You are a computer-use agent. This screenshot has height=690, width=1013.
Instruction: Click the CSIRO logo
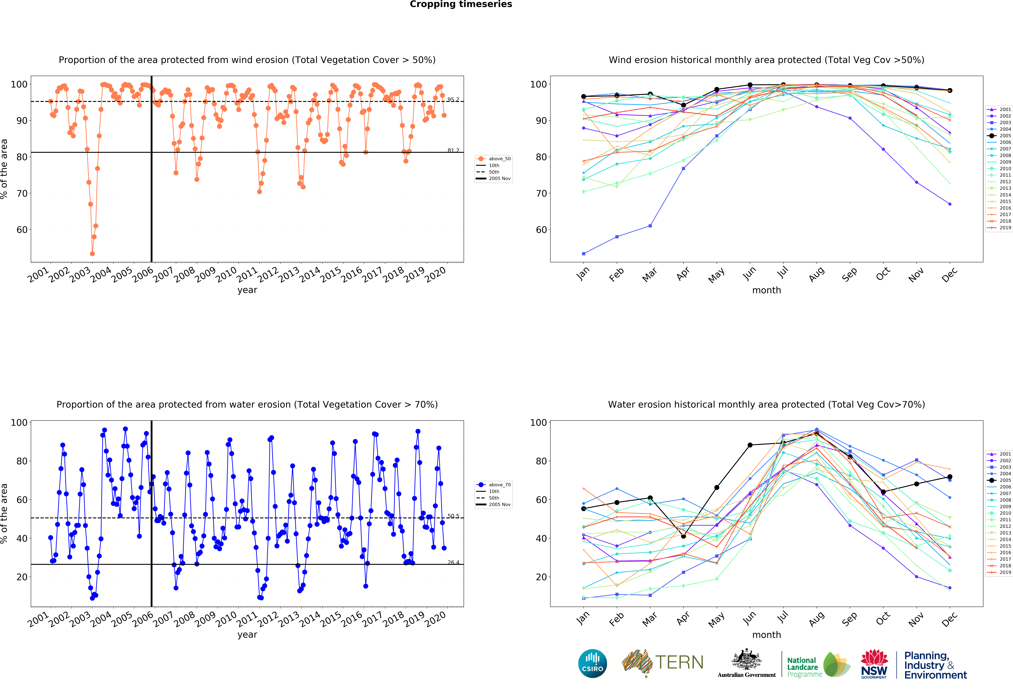pos(592,663)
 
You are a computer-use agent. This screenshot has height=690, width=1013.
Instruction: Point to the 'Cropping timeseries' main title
pos(461,4)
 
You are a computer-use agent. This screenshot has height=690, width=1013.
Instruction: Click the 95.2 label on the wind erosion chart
pos(453,100)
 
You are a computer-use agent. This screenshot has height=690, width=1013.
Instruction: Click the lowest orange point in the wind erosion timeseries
pos(92,254)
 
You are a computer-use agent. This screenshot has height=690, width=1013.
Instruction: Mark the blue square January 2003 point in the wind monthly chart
pos(584,254)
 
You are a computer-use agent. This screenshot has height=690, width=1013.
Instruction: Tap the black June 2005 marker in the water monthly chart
pos(750,445)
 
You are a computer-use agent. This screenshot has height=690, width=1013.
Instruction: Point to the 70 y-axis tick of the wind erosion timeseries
pos(22,193)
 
